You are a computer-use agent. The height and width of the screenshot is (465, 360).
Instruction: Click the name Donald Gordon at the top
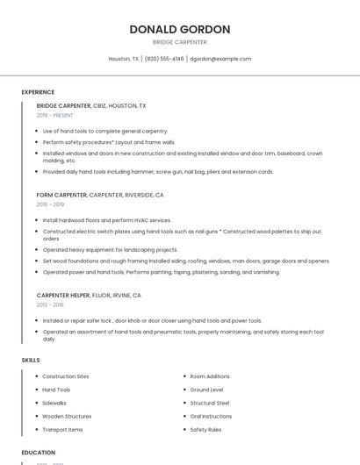click(180, 29)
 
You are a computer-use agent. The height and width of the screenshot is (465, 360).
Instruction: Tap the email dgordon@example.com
click(220, 59)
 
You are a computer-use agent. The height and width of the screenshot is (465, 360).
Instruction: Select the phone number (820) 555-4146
click(164, 59)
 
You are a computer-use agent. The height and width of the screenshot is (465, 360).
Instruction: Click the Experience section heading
click(38, 92)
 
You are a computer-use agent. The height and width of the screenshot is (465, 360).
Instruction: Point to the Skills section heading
click(31, 360)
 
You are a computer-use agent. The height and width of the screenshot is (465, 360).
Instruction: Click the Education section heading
click(39, 453)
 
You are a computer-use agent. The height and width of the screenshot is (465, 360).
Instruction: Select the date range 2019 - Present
click(55, 116)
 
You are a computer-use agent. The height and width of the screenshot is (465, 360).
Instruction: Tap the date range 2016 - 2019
click(50, 204)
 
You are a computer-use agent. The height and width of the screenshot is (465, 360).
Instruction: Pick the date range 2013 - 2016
click(50, 305)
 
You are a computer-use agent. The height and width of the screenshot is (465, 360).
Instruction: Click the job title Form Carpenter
click(61, 195)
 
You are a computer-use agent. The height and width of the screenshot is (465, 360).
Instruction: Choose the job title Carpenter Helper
click(63, 296)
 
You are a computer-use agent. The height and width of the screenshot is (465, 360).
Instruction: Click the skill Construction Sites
click(66, 376)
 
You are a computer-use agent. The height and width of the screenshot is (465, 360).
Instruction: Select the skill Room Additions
click(210, 376)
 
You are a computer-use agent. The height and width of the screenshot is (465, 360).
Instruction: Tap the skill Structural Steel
click(210, 403)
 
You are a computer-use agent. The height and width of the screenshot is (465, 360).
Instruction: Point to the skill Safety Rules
click(205, 430)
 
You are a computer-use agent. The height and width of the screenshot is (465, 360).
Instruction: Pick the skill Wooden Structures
click(67, 416)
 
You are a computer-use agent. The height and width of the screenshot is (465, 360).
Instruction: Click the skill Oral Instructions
click(211, 416)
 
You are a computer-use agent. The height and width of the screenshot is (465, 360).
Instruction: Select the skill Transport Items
click(62, 430)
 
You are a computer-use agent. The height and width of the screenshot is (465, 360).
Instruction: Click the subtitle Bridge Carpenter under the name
click(180, 42)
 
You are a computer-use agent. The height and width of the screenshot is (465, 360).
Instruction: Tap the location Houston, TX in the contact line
click(123, 59)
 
